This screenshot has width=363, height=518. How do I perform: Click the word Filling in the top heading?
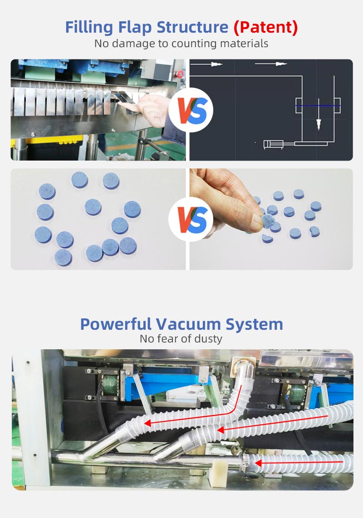(89, 27)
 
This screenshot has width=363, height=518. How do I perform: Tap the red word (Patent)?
(266, 27)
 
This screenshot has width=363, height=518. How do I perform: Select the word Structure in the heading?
(192, 27)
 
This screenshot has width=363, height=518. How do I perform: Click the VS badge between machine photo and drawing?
(191, 110)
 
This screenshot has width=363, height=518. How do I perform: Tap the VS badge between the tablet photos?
(191, 220)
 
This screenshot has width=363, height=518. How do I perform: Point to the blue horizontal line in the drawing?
(318, 106)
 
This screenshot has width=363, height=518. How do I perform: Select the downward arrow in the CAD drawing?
(319, 114)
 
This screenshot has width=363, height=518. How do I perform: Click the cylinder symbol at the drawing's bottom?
(274, 144)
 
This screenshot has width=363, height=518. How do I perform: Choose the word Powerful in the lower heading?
(116, 324)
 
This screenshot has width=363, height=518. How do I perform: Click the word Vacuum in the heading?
(188, 324)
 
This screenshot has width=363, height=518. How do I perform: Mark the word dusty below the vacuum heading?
(208, 339)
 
